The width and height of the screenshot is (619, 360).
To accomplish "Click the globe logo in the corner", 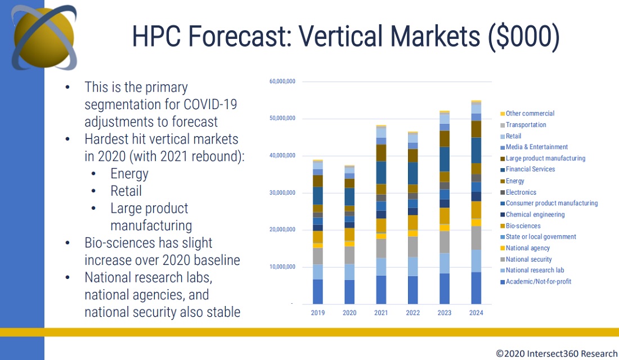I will point(44,37).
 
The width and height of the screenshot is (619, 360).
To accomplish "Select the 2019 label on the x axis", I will point(317,313).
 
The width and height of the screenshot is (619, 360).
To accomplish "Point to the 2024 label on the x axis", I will point(476,313).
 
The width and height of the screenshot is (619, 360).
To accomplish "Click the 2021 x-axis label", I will point(381,313).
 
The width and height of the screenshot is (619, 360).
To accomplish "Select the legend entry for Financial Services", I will point(530,169).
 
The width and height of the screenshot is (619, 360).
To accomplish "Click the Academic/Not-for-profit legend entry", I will point(538,281).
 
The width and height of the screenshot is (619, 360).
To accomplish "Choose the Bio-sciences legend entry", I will point(523,226).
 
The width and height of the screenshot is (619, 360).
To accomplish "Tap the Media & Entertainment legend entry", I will point(536,147).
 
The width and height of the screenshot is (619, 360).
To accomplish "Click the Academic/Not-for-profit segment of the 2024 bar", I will point(476,288).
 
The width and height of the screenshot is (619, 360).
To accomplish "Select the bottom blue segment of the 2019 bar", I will point(317,291).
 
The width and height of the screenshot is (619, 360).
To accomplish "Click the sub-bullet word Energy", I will point(129,174).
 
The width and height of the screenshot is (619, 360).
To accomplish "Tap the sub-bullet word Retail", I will point(126,191).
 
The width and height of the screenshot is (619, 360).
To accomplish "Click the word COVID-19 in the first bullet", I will point(214,104).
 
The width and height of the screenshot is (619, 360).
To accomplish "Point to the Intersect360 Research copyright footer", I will point(557,354).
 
